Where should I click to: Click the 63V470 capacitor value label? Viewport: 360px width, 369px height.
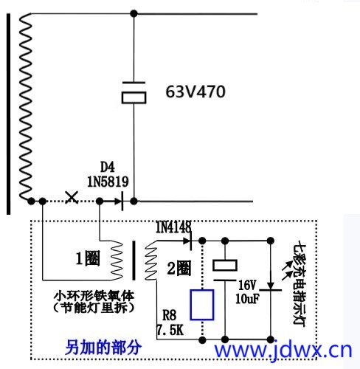click(x=195, y=92)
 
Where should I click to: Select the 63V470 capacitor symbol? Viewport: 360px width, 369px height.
click(x=134, y=93)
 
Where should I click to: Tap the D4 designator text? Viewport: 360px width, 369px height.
click(x=108, y=168)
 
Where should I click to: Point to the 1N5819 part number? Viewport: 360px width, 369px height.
click(x=108, y=182)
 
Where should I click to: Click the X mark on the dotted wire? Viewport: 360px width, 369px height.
click(x=72, y=197)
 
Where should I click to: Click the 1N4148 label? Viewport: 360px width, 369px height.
click(x=173, y=227)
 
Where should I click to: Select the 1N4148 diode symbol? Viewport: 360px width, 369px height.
click(x=188, y=241)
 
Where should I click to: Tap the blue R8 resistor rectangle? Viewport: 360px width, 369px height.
click(x=202, y=305)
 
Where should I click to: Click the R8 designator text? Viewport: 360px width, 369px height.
click(x=169, y=315)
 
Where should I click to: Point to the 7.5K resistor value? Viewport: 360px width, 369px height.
click(x=170, y=330)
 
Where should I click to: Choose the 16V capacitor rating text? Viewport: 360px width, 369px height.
click(x=247, y=286)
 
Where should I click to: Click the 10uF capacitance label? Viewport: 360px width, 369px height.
click(x=247, y=299)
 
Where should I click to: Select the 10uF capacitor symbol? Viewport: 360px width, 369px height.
click(x=225, y=270)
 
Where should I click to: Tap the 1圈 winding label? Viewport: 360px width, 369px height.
click(x=88, y=258)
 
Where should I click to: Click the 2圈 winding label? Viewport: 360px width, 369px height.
click(x=179, y=268)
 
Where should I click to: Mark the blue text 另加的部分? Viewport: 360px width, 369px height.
click(x=103, y=347)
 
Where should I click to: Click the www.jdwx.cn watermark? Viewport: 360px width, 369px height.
click(x=283, y=350)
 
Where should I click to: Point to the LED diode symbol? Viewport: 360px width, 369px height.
click(x=271, y=287)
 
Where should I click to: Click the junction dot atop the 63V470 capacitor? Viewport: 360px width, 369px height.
click(x=134, y=13)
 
